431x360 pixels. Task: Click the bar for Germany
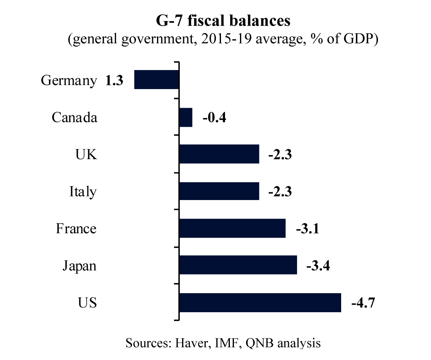click(x=156, y=80)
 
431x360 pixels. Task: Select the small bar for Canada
click(x=185, y=117)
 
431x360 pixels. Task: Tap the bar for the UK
click(x=219, y=154)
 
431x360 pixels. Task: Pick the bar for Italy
click(x=219, y=191)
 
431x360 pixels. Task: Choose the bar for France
click(x=232, y=228)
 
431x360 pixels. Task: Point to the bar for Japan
click(x=238, y=265)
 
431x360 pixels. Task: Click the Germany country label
click(x=69, y=81)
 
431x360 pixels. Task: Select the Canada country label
click(x=74, y=117)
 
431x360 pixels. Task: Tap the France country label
click(x=76, y=228)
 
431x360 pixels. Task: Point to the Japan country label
click(x=79, y=266)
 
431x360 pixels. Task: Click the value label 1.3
click(x=114, y=81)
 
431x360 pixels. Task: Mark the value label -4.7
click(x=363, y=303)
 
